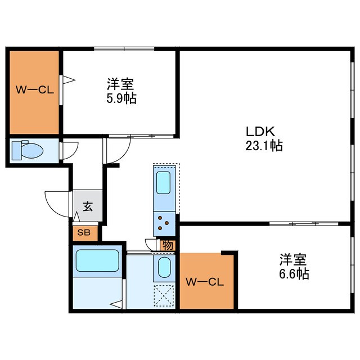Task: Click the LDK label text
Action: point(259,132)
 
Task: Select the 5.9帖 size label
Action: point(120,98)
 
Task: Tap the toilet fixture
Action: point(28,150)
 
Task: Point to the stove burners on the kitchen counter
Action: point(164,223)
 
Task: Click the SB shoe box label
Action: point(83,232)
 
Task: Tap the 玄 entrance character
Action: point(88,206)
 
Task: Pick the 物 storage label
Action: point(167,245)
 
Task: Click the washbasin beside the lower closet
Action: point(164,268)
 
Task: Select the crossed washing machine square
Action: point(165,296)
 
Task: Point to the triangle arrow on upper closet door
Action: point(65,80)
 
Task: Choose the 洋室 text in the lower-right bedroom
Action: point(294,260)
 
